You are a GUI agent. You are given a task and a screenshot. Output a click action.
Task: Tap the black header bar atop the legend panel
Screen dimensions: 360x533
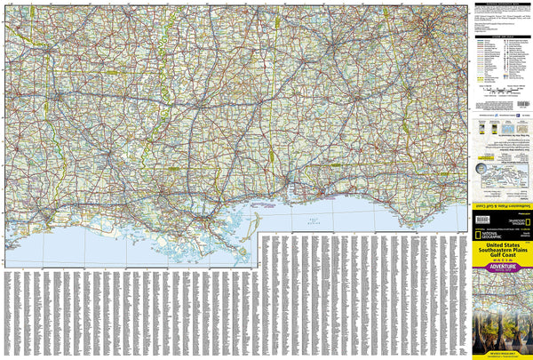click(502, 4)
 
